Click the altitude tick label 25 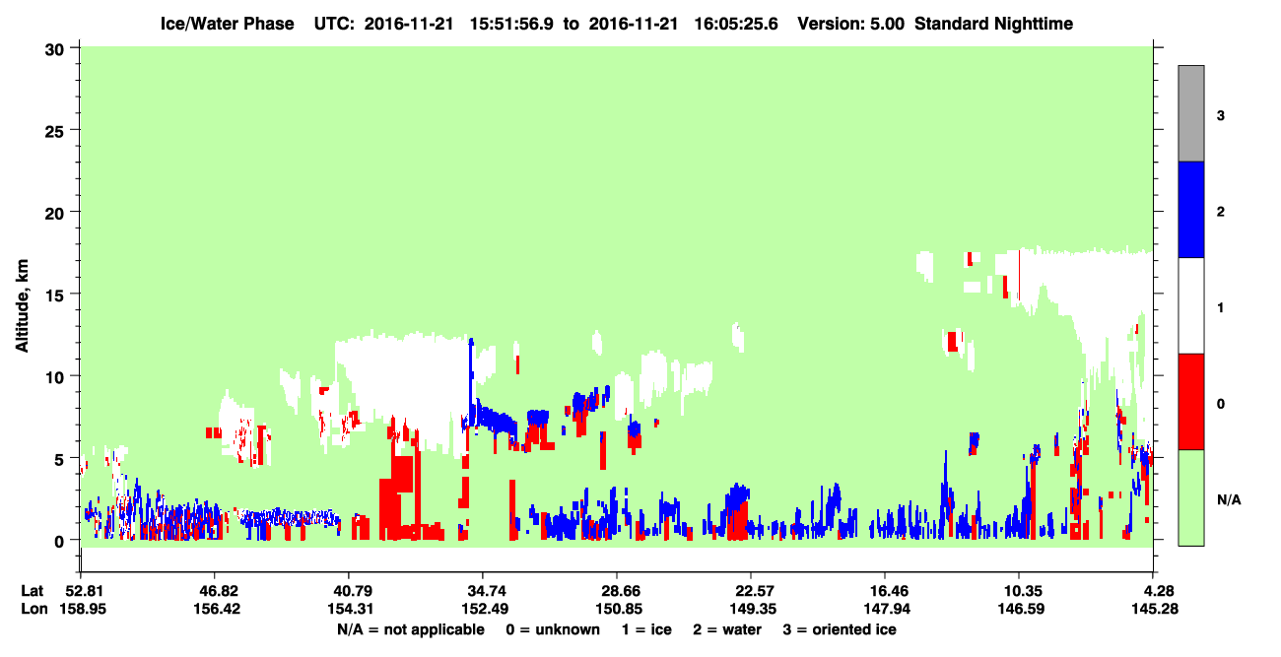[x=54, y=132]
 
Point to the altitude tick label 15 [x=54, y=296]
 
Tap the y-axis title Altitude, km [x=22, y=306]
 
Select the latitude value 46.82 [x=217, y=591]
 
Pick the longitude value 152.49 [x=485, y=609]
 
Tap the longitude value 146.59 [x=1021, y=609]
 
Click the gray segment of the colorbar [x=1191, y=113]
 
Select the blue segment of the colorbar [x=1191, y=209]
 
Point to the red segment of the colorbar [x=1191, y=402]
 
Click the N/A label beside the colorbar [x=1229, y=500]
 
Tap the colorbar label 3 [x=1221, y=116]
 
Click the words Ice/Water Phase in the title [x=227, y=24]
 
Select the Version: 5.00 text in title [x=851, y=24]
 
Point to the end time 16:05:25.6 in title [x=736, y=24]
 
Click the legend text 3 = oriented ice [x=840, y=629]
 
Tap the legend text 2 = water [x=727, y=629]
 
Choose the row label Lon [x=34, y=609]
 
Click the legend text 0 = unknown [x=553, y=629]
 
